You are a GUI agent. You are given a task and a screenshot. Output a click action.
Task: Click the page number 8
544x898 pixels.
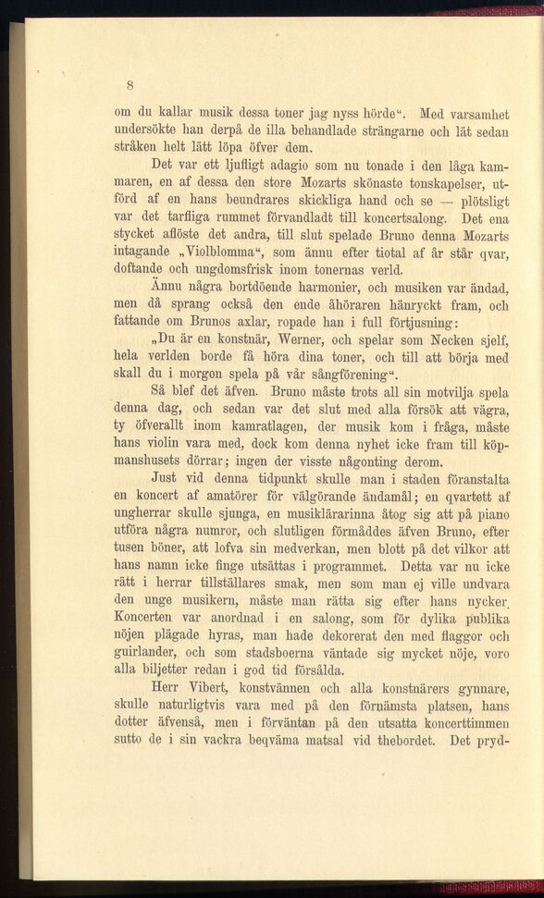[x=132, y=80]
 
